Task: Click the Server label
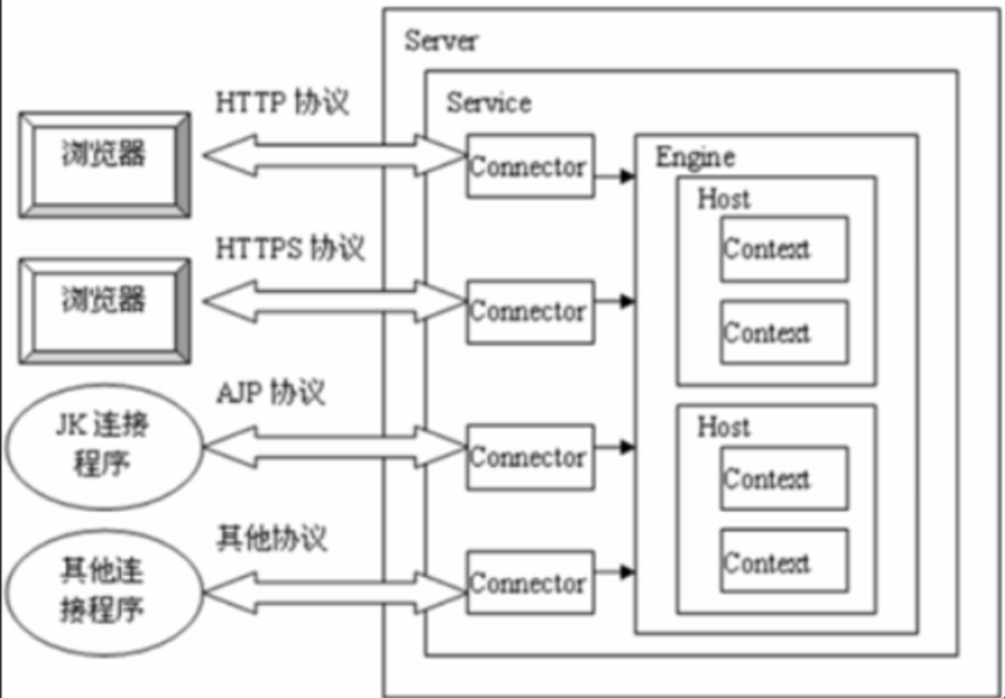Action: click(441, 40)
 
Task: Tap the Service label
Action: click(489, 102)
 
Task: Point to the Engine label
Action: click(695, 157)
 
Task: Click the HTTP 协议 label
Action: click(282, 102)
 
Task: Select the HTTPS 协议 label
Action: click(290, 248)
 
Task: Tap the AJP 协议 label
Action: click(271, 392)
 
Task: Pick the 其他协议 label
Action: click(272, 539)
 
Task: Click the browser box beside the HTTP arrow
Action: click(104, 166)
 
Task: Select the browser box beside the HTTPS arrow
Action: click(104, 312)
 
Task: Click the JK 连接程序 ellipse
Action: click(104, 446)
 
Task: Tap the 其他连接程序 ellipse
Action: click(104, 592)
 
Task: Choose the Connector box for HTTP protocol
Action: click(530, 166)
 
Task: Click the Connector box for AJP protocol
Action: click(530, 457)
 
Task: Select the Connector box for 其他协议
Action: click(530, 583)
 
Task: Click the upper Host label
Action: click(724, 198)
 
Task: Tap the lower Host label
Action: click(724, 427)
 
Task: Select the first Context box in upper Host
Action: click(784, 249)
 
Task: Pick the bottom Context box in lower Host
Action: click(784, 561)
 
